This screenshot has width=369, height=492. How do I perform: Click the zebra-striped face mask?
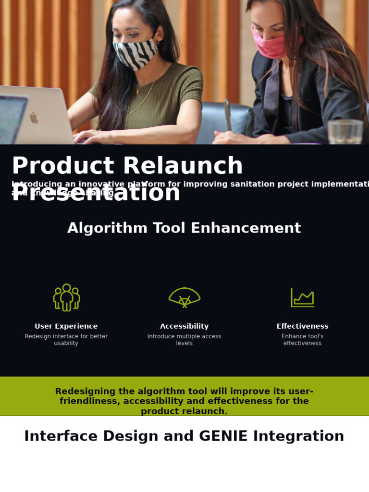pyautogui.click(x=135, y=53)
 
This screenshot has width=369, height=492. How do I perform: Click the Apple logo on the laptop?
pyautogui.click(x=34, y=117)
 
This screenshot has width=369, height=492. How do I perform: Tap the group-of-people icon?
pyautogui.click(x=66, y=297)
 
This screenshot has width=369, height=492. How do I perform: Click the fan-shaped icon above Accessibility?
pyautogui.click(x=184, y=297)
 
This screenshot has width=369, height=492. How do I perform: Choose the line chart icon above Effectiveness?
pyautogui.click(x=302, y=297)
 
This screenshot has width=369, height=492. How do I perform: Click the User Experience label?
pyautogui.click(x=66, y=326)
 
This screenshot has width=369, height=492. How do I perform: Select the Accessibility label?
pyautogui.click(x=184, y=326)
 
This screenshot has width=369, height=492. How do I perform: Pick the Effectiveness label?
pyautogui.click(x=302, y=326)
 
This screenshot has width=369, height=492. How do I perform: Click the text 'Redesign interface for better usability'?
pyautogui.click(x=66, y=340)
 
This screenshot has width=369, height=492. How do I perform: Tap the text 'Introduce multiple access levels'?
pyautogui.click(x=184, y=340)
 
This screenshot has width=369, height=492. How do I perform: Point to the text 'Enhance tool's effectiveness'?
pyautogui.click(x=302, y=340)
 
